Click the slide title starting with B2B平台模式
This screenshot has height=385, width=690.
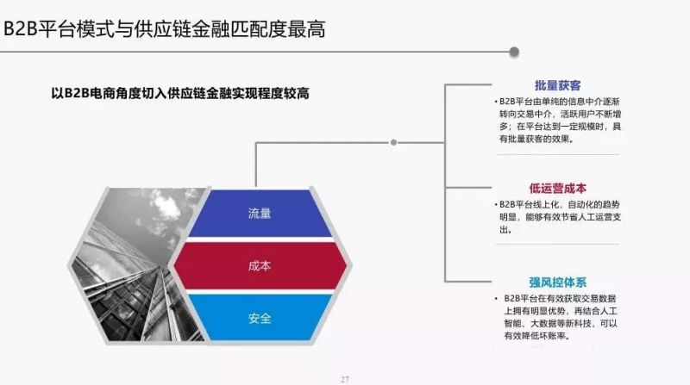[x=164, y=28]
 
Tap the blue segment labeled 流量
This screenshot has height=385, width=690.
[x=259, y=213]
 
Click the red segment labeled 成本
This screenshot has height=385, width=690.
[x=259, y=266]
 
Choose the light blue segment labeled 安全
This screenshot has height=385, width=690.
[x=259, y=319]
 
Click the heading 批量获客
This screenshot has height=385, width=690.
[x=557, y=85]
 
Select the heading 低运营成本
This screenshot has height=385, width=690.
[x=557, y=188]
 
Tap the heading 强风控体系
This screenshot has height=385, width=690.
[x=557, y=281]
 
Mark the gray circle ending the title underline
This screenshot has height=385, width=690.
[x=515, y=52]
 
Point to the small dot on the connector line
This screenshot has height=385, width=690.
[x=393, y=142]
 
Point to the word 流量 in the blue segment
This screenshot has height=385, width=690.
[x=259, y=213]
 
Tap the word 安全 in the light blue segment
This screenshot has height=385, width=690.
[x=259, y=319]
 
